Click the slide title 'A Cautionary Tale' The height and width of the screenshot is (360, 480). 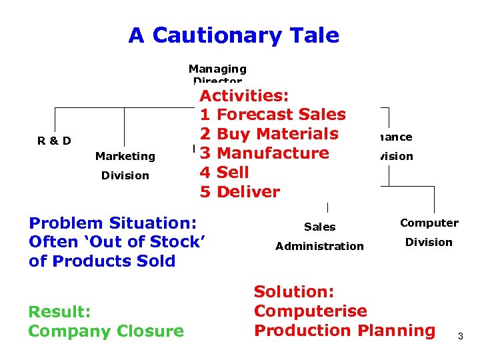point(233,35)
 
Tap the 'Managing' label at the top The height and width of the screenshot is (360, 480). point(217,69)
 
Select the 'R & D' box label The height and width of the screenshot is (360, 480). point(54,141)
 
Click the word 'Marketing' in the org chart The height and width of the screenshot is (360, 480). point(125,156)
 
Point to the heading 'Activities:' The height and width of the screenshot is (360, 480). point(244,95)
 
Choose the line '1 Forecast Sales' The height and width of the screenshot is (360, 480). point(273,115)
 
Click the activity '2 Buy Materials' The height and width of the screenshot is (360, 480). point(269,134)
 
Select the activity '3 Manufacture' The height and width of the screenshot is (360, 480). point(265,153)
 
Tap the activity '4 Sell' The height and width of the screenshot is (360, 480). point(225,173)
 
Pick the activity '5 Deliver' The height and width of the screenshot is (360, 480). point(240,192)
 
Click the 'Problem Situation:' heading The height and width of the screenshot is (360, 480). point(113,223)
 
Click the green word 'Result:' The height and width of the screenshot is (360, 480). point(59,312)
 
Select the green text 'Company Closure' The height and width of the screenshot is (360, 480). point(106,331)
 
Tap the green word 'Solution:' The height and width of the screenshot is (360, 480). point(294,292)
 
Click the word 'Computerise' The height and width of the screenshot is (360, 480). point(311,311)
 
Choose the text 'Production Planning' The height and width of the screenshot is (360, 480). point(345,331)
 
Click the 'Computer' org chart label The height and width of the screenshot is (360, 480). point(429,223)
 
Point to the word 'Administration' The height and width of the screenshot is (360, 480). point(319,246)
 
